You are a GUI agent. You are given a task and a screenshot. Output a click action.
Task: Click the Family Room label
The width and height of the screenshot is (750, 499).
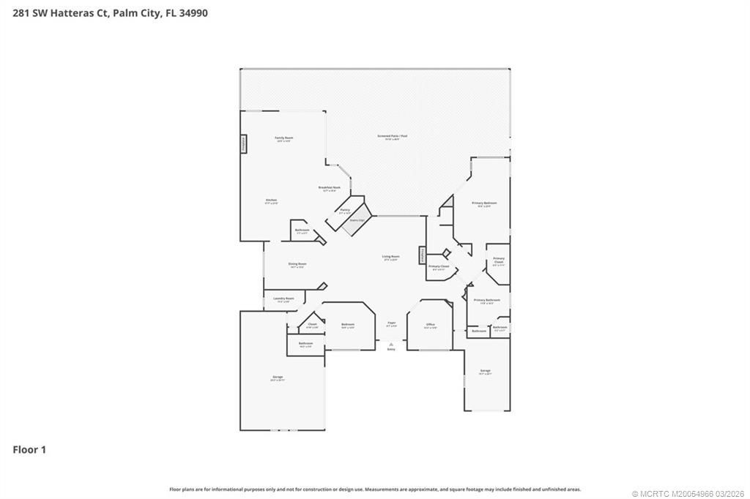[283, 138]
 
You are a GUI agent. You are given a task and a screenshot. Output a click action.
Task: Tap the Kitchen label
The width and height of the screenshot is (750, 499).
[271, 200]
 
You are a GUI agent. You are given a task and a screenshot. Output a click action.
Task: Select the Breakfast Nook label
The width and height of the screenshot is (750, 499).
[329, 188]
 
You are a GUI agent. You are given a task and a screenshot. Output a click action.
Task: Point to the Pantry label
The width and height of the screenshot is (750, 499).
[344, 211]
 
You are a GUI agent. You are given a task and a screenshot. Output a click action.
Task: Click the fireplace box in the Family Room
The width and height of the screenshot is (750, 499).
[244, 144]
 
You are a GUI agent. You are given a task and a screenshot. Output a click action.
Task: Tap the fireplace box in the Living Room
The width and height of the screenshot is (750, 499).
[423, 255]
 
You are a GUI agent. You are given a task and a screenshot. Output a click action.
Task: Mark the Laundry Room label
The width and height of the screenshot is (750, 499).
[283, 299]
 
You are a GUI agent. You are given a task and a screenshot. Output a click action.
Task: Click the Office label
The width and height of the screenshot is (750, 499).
[431, 325]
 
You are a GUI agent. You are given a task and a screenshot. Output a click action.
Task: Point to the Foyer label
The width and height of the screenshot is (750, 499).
[391, 323]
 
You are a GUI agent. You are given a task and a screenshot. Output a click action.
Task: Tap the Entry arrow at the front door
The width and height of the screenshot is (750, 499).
[391, 344]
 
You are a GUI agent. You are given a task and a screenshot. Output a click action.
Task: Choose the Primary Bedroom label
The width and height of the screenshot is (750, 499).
[484, 203]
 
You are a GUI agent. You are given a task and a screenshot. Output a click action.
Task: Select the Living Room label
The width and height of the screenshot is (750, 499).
[390, 257]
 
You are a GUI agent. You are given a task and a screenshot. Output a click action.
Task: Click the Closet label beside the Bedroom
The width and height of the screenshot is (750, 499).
[312, 324]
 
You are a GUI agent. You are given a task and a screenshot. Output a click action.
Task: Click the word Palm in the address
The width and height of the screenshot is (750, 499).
[124, 12]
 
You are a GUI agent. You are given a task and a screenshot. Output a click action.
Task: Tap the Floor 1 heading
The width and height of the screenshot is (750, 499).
[29, 450]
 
